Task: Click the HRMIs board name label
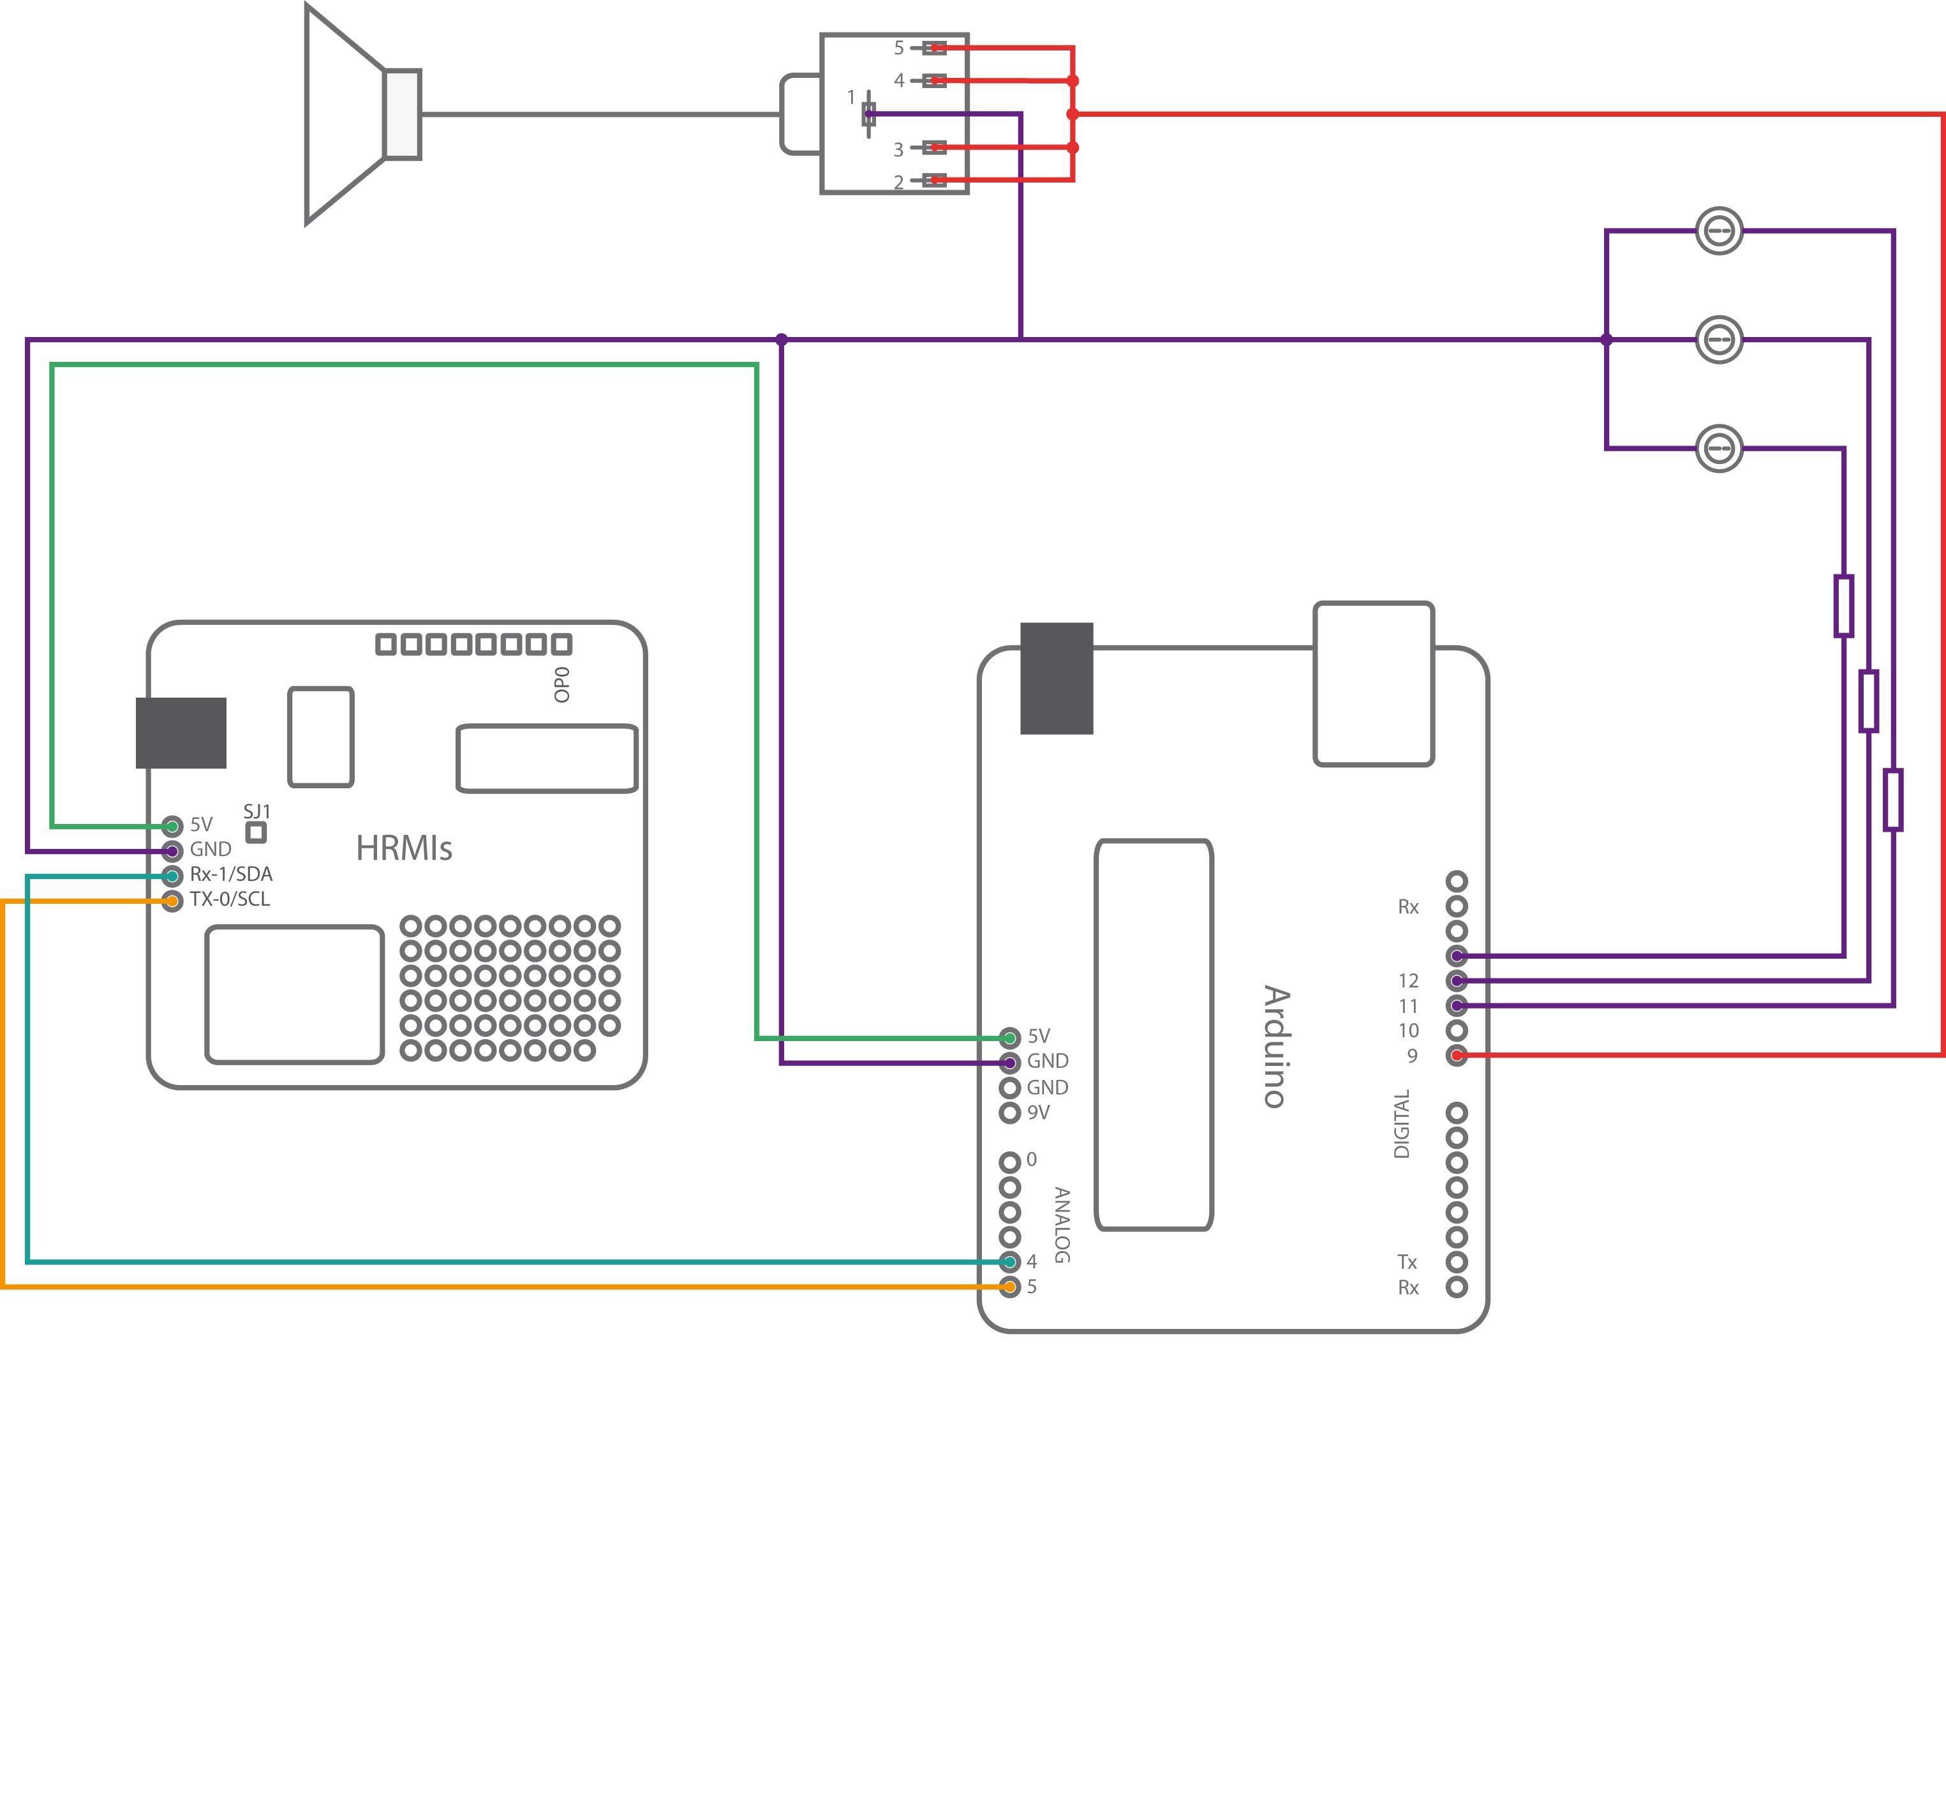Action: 404,848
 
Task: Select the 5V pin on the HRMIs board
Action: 172,826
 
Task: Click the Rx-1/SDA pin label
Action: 231,874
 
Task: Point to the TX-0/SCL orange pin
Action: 172,901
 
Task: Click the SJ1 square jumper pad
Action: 256,832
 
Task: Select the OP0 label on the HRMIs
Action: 562,684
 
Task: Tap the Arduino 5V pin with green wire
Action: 1009,1037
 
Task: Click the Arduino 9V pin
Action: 1009,1113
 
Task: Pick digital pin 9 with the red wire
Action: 1457,1055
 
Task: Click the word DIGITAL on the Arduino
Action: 1402,1125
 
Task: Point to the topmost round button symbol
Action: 1719,232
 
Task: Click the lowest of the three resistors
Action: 1893,800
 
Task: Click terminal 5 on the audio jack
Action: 934,48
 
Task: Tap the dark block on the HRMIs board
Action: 181,732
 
